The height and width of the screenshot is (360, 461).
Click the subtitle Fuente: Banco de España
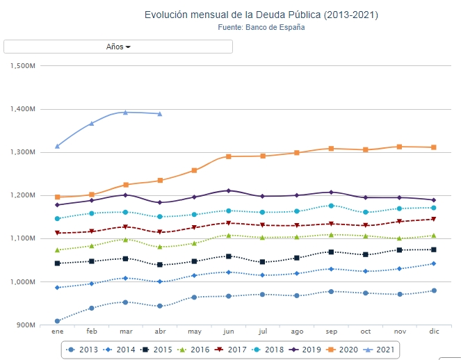pyautogui.click(x=261, y=28)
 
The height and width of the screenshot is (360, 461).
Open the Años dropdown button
pyautogui.click(x=118, y=47)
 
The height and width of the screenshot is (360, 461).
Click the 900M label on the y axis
pyautogui.click(x=25, y=325)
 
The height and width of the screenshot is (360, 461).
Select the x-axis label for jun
pyautogui.click(x=228, y=332)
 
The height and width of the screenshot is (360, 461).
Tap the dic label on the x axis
pyautogui.click(x=434, y=332)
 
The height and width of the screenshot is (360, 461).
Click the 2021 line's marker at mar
pyautogui.click(x=126, y=112)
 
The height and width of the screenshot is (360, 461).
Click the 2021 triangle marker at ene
pyautogui.click(x=57, y=146)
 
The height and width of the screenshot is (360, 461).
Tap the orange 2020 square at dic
pyautogui.click(x=434, y=147)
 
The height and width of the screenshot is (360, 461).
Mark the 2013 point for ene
pyautogui.click(x=57, y=321)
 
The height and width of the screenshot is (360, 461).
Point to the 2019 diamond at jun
pyautogui.click(x=228, y=190)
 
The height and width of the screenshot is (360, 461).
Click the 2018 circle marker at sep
pyautogui.click(x=331, y=206)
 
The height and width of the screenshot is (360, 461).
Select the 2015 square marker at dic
pyautogui.click(x=434, y=249)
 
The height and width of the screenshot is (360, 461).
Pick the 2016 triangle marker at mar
pyautogui.click(x=126, y=239)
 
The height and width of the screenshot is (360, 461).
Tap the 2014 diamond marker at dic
pyautogui.click(x=434, y=263)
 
